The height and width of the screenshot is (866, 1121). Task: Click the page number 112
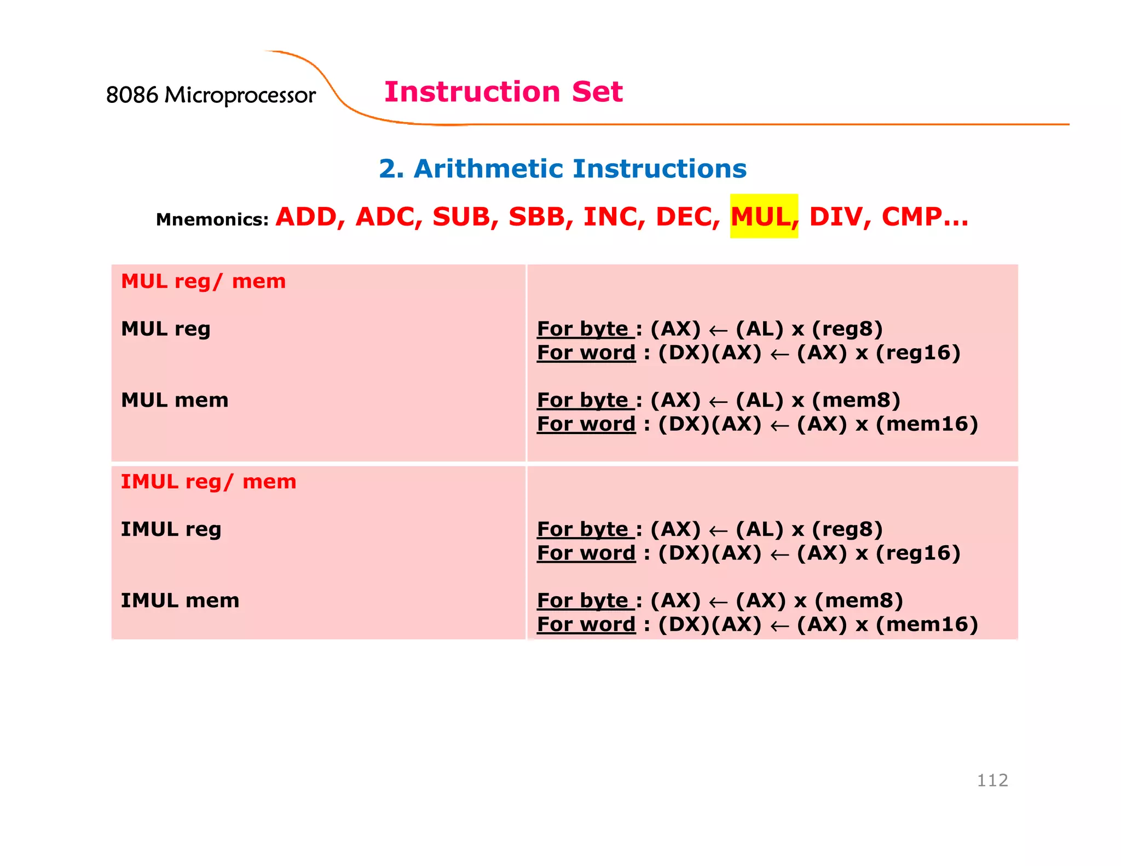[x=992, y=780]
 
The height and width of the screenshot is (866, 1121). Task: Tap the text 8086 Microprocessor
[x=211, y=95]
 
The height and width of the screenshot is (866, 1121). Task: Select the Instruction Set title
[x=503, y=91]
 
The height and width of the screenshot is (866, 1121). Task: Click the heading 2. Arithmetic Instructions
[x=562, y=169]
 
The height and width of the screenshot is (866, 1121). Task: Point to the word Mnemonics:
[x=212, y=220]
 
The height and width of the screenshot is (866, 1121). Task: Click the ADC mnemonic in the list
[x=388, y=217]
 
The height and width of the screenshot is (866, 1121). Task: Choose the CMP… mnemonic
[x=924, y=217]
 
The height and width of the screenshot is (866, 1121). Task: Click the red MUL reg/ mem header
[x=203, y=281]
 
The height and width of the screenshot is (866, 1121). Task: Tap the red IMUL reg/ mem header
[x=208, y=482]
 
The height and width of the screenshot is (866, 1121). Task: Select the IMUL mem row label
[x=180, y=601]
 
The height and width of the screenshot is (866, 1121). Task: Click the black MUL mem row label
[x=174, y=400]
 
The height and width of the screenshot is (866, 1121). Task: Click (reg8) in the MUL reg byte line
[x=847, y=329]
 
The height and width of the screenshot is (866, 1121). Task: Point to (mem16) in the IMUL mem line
[x=927, y=624]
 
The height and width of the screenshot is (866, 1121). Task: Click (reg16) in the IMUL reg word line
[x=918, y=553]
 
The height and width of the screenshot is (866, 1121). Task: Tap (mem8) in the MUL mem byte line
[x=856, y=400]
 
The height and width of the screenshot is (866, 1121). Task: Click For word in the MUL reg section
[x=586, y=353]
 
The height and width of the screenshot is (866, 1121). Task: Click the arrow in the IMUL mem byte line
[x=718, y=602]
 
